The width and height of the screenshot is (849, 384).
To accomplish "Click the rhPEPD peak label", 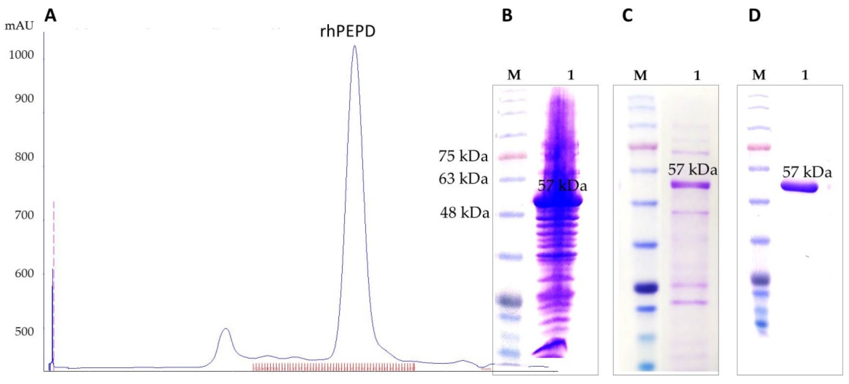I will pyautogui.click(x=348, y=32).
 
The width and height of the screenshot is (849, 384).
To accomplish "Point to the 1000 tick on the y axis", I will pyautogui.click(x=21, y=55).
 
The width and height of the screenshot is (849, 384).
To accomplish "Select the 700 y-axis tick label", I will pyautogui.click(x=24, y=215).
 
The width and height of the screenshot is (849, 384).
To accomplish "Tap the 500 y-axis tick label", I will pyautogui.click(x=24, y=331).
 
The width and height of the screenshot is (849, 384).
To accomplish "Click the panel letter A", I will pyautogui.click(x=50, y=15).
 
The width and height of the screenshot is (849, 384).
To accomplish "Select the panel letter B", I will pyautogui.click(x=507, y=15).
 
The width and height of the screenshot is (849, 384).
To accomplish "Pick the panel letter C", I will pyautogui.click(x=627, y=15).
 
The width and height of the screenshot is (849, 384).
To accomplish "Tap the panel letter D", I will pyautogui.click(x=754, y=15).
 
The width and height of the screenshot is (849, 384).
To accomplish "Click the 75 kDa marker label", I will pyautogui.click(x=463, y=156).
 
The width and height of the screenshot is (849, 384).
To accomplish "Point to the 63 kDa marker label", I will pyautogui.click(x=463, y=179).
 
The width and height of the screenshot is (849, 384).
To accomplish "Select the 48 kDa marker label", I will pyautogui.click(x=464, y=213).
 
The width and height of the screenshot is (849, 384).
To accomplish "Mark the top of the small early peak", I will pyautogui.click(x=226, y=329).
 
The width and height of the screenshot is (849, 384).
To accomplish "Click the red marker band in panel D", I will pyautogui.click(x=759, y=147).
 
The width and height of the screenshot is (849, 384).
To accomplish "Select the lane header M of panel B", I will pyautogui.click(x=514, y=75).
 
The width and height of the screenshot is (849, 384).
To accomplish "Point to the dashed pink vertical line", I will pyautogui.click(x=54, y=264).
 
